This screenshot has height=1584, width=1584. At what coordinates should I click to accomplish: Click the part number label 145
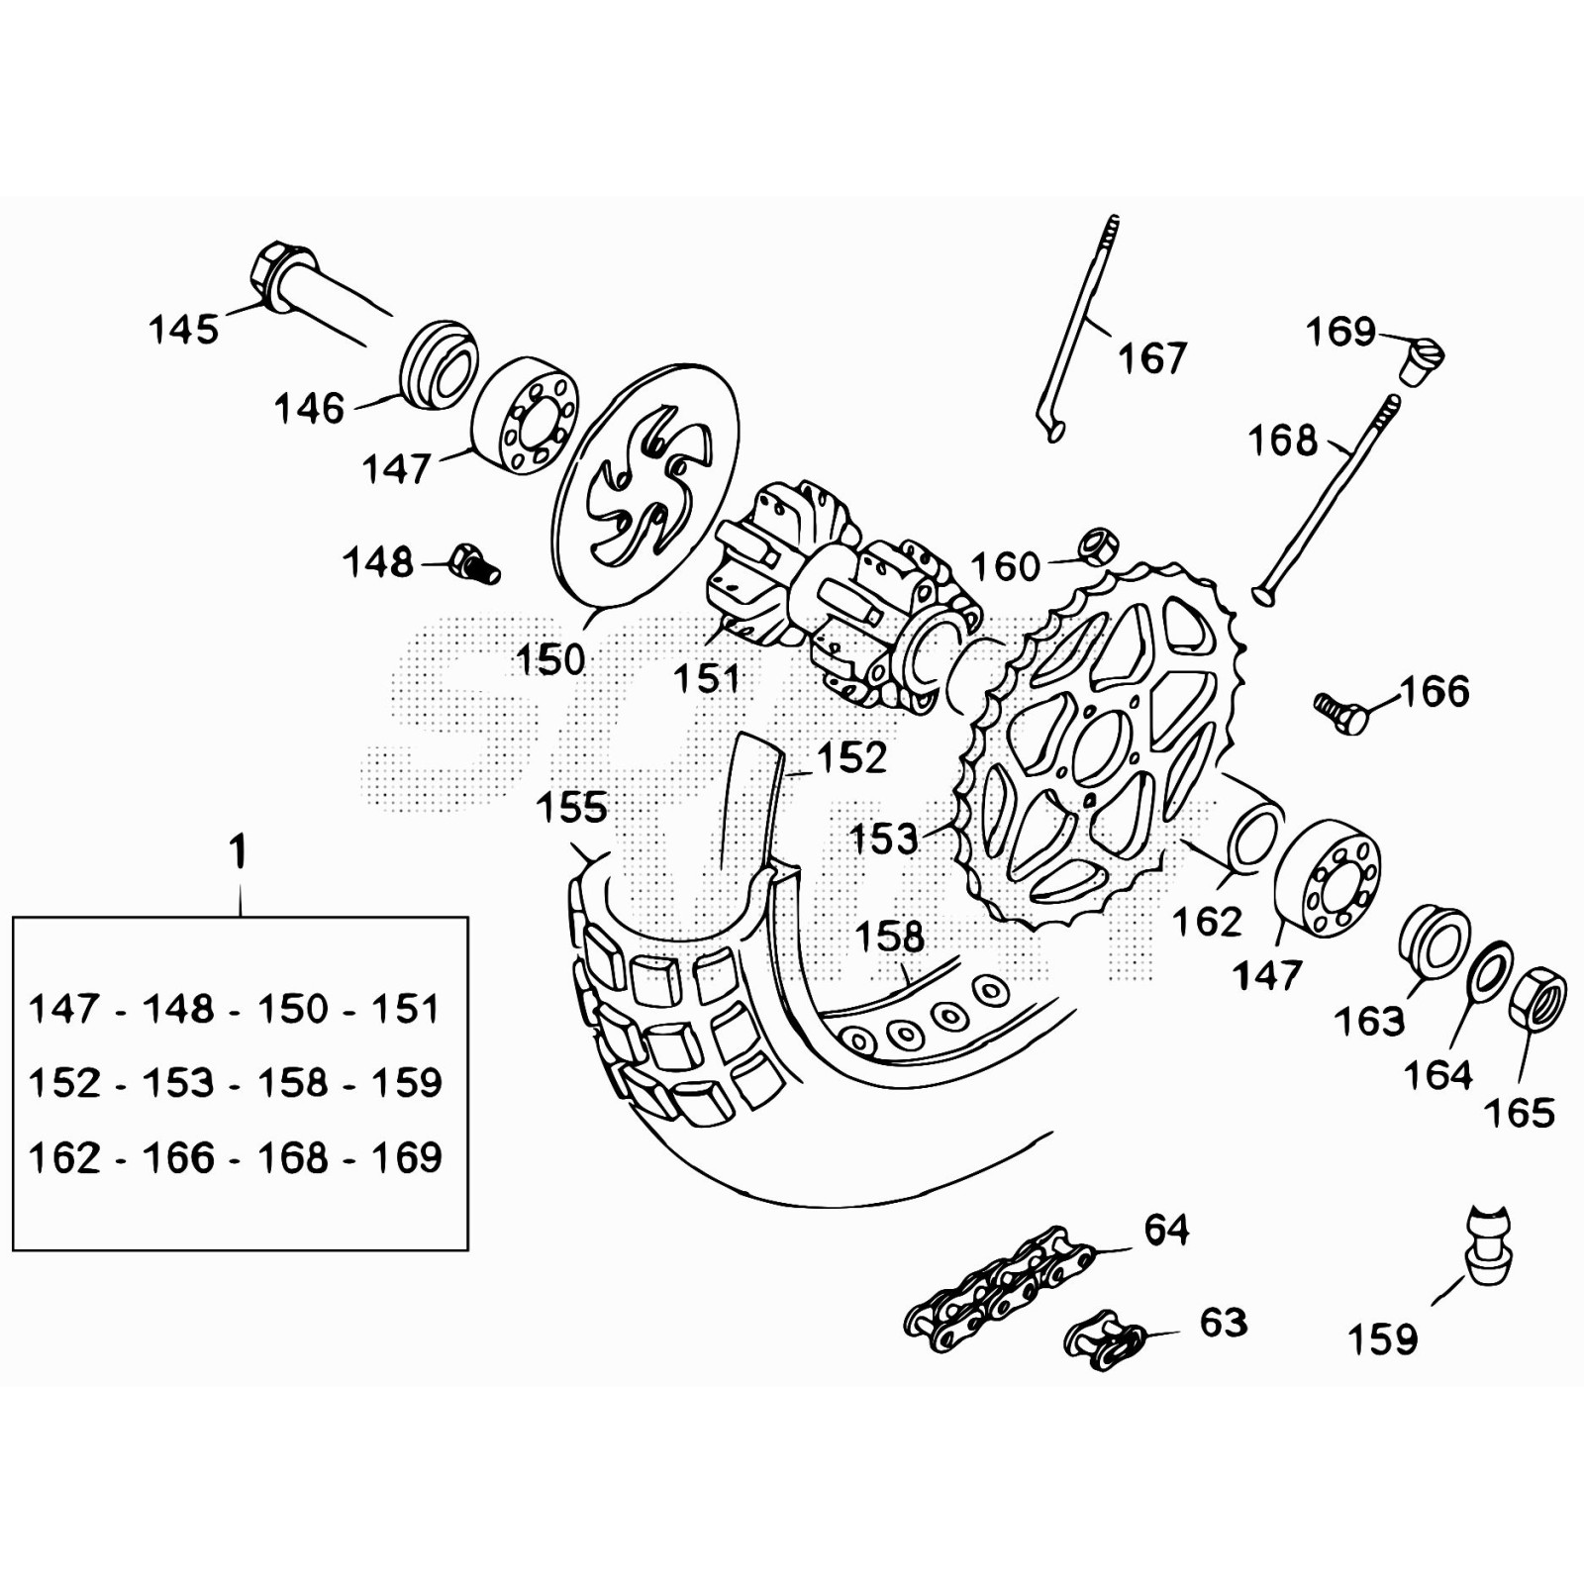pyautogui.click(x=183, y=329)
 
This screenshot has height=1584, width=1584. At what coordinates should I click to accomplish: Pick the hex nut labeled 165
pyautogui.click(x=1537, y=998)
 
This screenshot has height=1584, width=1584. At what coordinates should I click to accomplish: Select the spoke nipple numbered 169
pyautogui.click(x=1424, y=359)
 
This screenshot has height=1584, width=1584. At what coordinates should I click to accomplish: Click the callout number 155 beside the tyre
pyautogui.click(x=571, y=808)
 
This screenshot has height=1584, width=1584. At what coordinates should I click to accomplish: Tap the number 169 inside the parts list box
pyautogui.click(x=406, y=1157)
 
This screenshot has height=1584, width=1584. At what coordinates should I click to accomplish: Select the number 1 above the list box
pyautogui.click(x=238, y=852)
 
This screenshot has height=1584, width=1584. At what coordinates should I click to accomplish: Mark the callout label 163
pyautogui.click(x=1369, y=1021)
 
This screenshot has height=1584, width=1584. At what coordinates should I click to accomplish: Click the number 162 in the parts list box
pyautogui.click(x=64, y=1157)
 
